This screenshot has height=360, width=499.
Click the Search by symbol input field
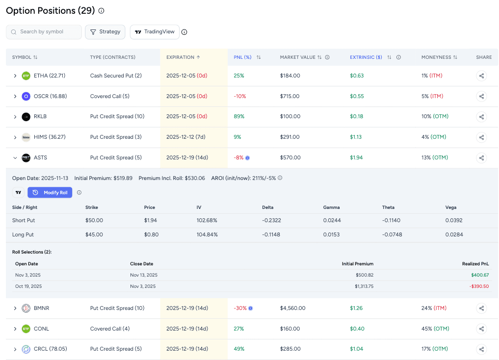[x=44, y=32]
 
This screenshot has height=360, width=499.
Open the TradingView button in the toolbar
[x=155, y=32]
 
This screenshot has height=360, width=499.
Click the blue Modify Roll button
[x=50, y=193]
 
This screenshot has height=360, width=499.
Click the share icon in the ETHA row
[x=481, y=76]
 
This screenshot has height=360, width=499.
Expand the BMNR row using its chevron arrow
[x=15, y=309]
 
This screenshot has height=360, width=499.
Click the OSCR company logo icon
[x=26, y=96]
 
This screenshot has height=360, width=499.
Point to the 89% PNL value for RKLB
[x=239, y=117]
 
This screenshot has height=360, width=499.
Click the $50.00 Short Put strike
[x=94, y=220]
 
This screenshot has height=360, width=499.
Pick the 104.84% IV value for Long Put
[x=207, y=234]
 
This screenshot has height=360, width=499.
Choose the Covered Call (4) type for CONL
[x=110, y=329]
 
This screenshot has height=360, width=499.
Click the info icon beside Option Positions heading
[x=102, y=11]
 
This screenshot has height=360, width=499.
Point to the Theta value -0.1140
[x=392, y=220]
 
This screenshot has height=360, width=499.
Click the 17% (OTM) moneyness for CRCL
[x=434, y=349]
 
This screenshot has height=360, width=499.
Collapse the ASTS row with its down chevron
[x=15, y=158]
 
